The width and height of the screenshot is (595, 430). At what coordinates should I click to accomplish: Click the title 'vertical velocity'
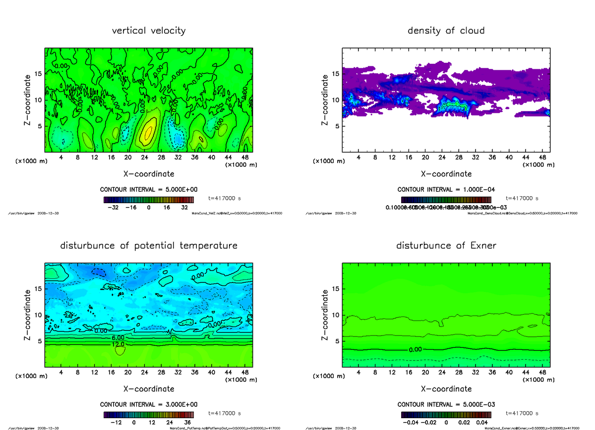pyautogui.click(x=149, y=31)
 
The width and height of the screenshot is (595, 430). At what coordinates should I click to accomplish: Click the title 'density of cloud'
pyautogui.click(x=446, y=31)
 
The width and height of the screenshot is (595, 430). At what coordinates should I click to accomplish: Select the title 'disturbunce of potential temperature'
pyautogui.click(x=149, y=246)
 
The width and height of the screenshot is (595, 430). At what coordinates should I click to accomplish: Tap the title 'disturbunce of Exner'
pyautogui.click(x=446, y=246)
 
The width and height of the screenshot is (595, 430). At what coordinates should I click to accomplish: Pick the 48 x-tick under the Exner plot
pyautogui.click(x=542, y=373)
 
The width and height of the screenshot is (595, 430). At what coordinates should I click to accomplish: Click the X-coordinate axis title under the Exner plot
pyautogui.click(x=446, y=389)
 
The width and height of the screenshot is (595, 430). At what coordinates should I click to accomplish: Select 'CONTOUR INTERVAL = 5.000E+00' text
pyautogui.click(x=149, y=190)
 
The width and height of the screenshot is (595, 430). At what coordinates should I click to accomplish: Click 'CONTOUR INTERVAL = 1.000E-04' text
pyautogui.click(x=446, y=190)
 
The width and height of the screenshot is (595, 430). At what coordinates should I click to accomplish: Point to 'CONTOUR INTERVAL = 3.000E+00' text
pyautogui.click(x=149, y=405)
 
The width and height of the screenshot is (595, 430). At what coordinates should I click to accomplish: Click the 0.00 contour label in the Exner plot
pyautogui.click(x=416, y=349)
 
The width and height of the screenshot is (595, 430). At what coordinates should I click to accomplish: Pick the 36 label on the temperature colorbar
pyautogui.click(x=188, y=423)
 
